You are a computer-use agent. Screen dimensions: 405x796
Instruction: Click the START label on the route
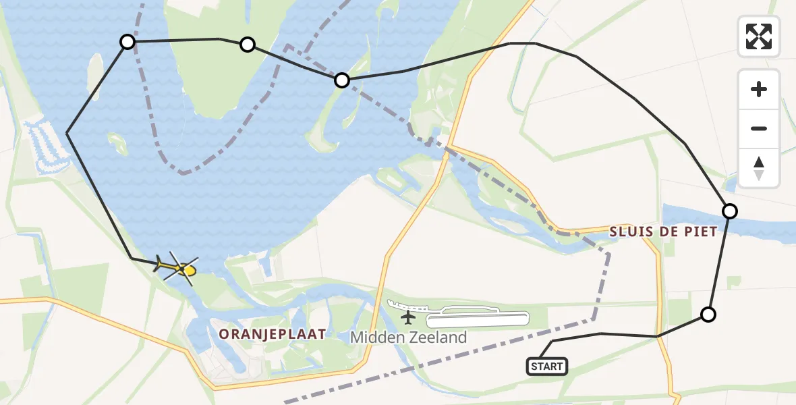[546, 367]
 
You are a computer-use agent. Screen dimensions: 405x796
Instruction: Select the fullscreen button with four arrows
[759, 36]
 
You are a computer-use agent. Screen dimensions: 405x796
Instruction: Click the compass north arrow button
[759, 168]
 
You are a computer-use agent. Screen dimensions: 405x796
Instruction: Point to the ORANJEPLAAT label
[273, 333]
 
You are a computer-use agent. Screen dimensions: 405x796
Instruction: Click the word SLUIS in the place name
[633, 232]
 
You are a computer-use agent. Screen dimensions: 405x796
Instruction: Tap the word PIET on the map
[701, 232]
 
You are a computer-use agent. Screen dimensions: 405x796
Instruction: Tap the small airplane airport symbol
[407, 317]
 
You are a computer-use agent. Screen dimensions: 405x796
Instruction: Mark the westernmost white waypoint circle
[127, 43]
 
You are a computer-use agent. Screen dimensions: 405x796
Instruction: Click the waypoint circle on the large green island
[248, 45]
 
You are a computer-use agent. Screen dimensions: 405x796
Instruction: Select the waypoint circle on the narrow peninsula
[342, 80]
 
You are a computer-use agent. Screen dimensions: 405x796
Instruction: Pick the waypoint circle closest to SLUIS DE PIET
[730, 211]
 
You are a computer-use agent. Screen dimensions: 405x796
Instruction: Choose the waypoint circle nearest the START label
[708, 314]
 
